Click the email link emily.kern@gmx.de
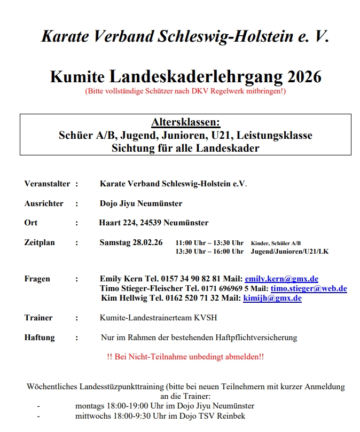point(281,279)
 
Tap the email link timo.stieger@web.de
point(309,288)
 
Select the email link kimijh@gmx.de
point(272,298)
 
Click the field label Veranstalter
point(47,184)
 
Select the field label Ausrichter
point(44,203)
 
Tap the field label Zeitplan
point(40,242)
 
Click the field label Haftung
point(39,337)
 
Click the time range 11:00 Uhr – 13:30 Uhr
point(209,242)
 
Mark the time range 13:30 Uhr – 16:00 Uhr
point(209,251)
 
